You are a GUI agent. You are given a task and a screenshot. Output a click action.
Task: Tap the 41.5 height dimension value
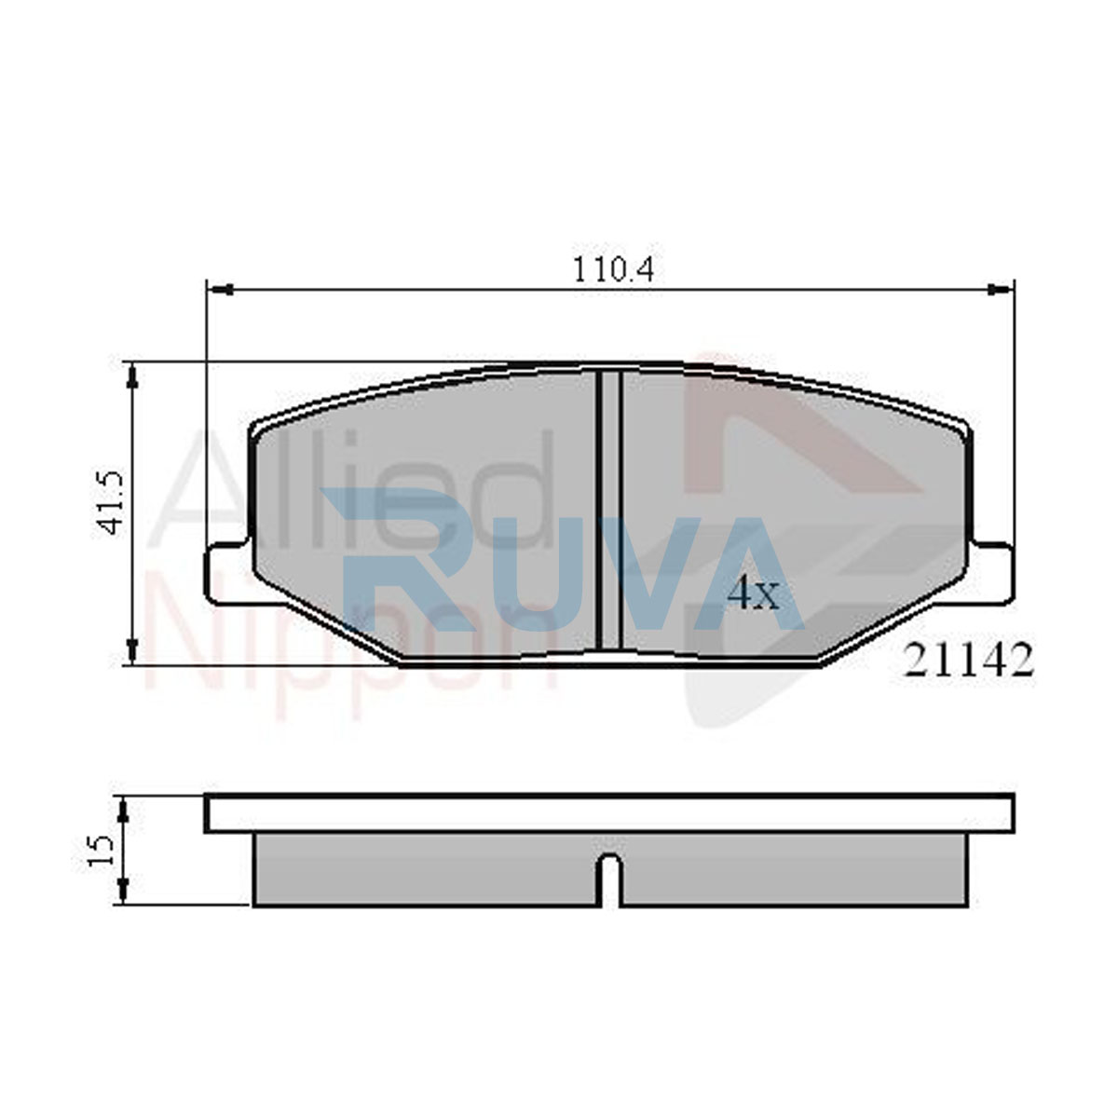(110, 502)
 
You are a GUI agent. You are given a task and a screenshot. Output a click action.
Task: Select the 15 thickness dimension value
(100, 851)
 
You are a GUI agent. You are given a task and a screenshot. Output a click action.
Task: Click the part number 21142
(968, 661)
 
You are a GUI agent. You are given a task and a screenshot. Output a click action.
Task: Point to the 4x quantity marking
(754, 593)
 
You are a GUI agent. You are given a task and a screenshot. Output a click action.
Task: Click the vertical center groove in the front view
(608, 510)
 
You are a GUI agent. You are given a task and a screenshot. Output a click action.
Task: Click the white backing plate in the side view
(609, 814)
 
